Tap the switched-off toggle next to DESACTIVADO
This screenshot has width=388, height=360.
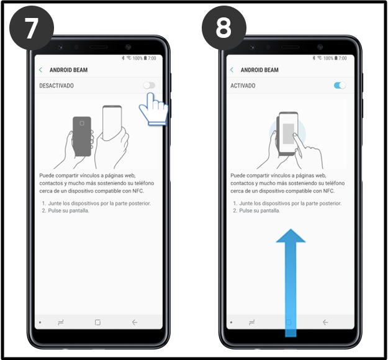[148, 86]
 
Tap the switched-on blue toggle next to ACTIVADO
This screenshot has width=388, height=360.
[340, 86]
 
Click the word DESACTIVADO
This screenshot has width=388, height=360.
[56, 86]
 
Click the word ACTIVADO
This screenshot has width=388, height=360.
[243, 86]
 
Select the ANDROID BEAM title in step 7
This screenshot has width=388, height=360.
[68, 70]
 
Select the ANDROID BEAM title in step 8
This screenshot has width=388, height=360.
[259, 70]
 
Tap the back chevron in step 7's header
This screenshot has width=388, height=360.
[41, 70]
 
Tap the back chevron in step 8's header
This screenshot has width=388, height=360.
[232, 70]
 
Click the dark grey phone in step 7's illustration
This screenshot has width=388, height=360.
[82, 135]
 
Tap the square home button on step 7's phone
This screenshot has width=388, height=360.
[97, 323]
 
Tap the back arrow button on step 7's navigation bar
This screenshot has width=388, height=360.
[135, 323]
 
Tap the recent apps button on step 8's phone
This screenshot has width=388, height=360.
[252, 323]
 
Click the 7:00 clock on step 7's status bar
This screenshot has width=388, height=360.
[152, 58]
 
